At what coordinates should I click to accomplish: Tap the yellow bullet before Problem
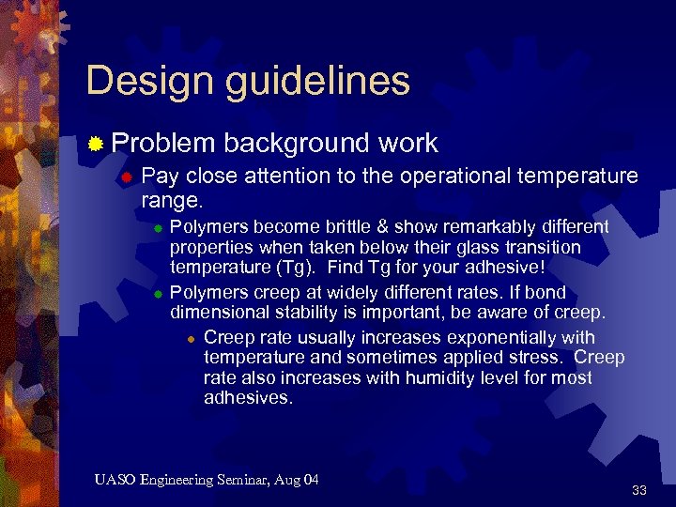coord(95,144)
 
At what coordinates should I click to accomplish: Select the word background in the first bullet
coord(296,143)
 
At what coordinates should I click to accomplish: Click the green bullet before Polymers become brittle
coord(159,228)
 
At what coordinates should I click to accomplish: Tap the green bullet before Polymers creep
coord(159,292)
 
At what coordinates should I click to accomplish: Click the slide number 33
coord(639,490)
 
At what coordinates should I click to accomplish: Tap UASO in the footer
coord(115,481)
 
